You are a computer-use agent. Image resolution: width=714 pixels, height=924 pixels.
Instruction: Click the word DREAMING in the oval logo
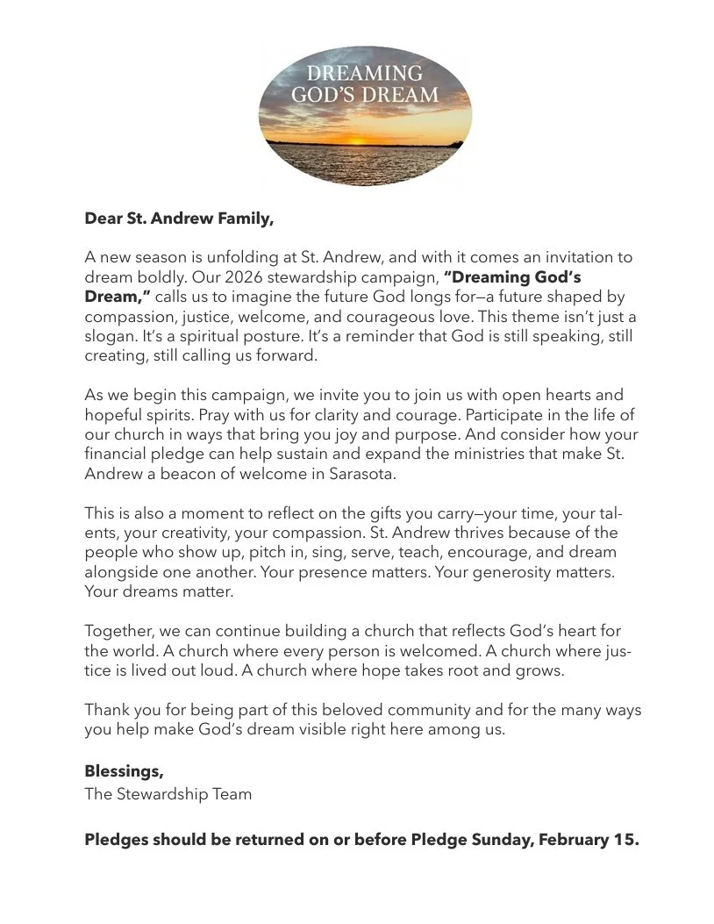click(364, 73)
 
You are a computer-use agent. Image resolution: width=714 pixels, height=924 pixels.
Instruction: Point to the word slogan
click(111, 336)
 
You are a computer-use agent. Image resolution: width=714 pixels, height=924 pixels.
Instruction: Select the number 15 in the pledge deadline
click(624, 840)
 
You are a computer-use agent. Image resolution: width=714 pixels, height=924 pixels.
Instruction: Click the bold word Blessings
click(124, 770)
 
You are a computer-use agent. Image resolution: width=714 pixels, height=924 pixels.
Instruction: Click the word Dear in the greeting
click(104, 218)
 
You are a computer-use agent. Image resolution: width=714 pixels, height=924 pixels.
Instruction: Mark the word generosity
click(525, 572)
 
